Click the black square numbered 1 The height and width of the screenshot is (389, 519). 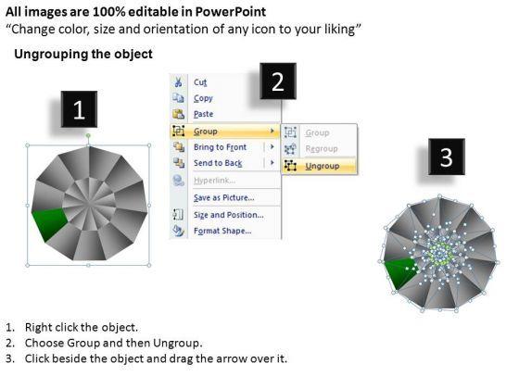79,110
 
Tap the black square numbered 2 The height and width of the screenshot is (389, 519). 277,82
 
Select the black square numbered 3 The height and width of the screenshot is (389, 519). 446,157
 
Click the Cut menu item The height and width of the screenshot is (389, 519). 200,82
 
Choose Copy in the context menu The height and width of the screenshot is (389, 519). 203,98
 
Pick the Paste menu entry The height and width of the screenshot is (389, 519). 204,114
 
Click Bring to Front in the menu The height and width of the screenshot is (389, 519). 220,147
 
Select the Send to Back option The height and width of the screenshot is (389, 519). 218,163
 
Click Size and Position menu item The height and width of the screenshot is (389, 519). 226,214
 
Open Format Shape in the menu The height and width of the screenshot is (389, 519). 222,231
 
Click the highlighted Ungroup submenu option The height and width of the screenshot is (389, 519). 322,166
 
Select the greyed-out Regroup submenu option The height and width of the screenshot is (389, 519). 322,148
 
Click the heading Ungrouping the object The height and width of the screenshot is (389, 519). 83,54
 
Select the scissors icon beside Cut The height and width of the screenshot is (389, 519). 179,82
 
